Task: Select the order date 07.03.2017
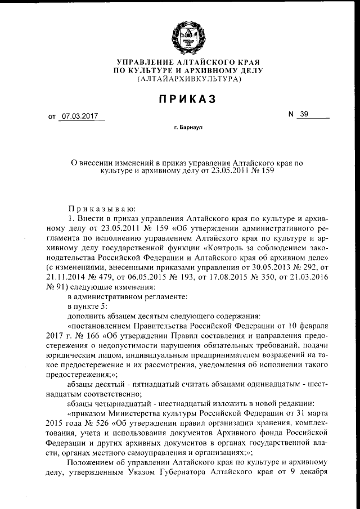(x=80, y=116)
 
